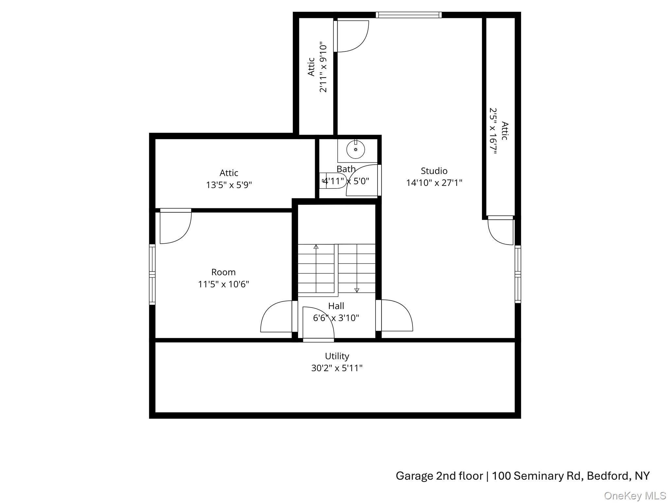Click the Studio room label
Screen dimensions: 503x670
click(434, 171)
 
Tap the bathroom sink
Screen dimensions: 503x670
click(356, 150)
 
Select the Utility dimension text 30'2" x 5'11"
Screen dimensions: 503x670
click(337, 368)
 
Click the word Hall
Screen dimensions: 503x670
click(336, 306)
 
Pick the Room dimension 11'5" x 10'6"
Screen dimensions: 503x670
click(223, 284)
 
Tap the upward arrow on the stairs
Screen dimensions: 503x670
click(316, 247)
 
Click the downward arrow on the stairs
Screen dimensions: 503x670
click(357, 290)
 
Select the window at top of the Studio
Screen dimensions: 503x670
click(408, 15)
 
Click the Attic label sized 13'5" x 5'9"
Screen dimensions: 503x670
click(229, 173)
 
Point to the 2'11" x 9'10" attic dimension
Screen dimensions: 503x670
click(323, 67)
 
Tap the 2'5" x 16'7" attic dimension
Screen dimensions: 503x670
click(493, 131)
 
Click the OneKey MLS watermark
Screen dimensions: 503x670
click(635, 496)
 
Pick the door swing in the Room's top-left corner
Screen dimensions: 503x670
click(175, 227)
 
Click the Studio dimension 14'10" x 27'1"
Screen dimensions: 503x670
click(434, 183)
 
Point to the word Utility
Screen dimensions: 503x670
click(337, 356)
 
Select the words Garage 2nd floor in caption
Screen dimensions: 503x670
click(439, 476)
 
